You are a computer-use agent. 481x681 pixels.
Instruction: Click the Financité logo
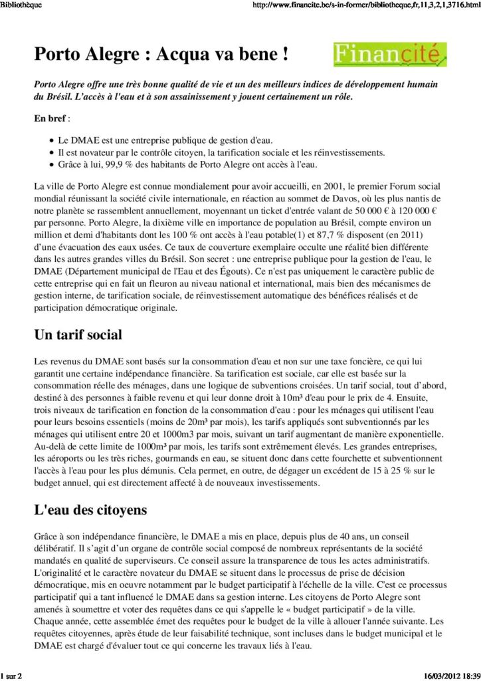point(389,55)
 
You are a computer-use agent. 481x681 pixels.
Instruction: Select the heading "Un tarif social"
point(78,335)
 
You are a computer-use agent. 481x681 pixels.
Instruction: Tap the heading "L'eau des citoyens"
point(90,510)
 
